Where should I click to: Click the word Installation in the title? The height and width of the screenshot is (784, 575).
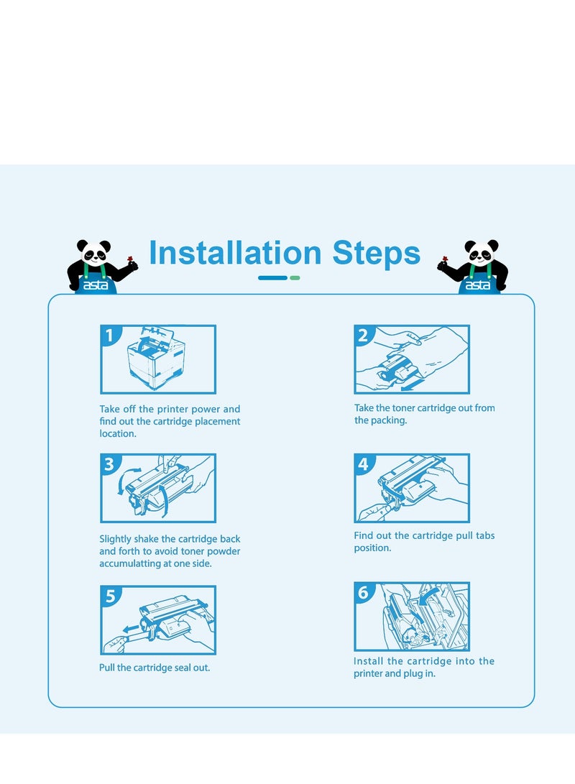pos(235,252)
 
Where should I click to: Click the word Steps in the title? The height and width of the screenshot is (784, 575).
pos(377,252)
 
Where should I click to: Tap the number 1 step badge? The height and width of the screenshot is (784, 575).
pos(109,334)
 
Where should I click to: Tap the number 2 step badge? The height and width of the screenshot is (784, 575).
pos(363,334)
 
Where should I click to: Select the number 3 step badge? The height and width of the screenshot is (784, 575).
pos(109,464)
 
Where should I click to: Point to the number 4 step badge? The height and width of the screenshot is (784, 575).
pos(363,464)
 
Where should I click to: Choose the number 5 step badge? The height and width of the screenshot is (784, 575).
pos(110,596)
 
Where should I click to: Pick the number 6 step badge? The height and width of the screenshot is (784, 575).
pos(363,593)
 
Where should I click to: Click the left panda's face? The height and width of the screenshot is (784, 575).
pos(94,252)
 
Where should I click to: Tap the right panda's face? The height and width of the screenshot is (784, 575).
pos(481,252)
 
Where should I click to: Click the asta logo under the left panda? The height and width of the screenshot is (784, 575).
pos(96,285)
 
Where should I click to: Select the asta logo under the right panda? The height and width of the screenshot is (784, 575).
pos(478,285)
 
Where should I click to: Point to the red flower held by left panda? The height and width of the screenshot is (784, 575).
pos(131,259)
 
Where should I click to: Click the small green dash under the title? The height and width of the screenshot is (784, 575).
pos(295,278)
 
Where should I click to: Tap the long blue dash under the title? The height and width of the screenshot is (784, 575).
pos(273,278)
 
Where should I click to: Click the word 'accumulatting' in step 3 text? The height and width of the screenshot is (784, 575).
pos(129,563)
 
